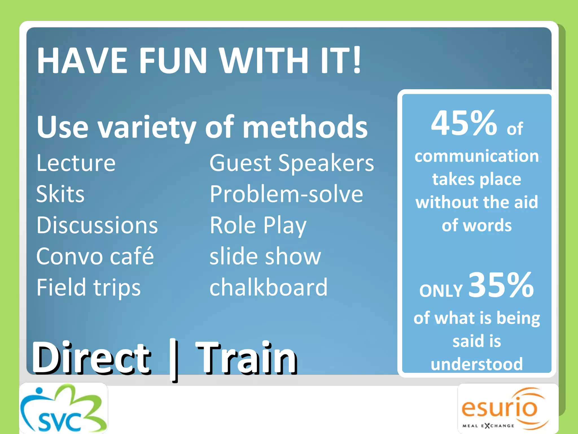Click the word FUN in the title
point(173,60)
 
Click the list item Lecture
point(76,163)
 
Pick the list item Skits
point(60,194)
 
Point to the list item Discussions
point(97,225)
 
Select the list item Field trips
point(88,287)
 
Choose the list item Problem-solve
point(286,194)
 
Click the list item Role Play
point(258,226)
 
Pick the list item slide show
point(265,256)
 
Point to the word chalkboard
point(268,287)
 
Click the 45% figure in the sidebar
point(464,123)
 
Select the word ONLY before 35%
point(441,290)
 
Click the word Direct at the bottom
point(91,358)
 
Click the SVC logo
point(64,409)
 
